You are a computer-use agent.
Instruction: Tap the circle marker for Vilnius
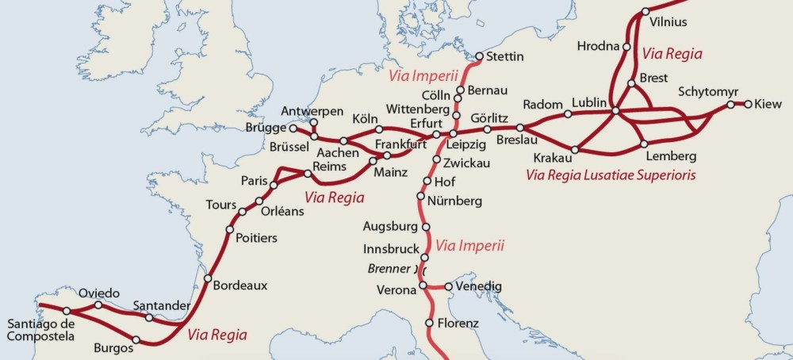[646, 11]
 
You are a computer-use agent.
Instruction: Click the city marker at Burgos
[136, 340]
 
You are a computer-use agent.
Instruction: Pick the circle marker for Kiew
[747, 104]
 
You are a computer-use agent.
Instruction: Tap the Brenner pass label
[388, 269]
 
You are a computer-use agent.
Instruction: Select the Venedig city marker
[448, 286]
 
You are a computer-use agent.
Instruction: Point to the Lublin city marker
[615, 111]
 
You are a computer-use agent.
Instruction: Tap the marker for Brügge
[293, 128]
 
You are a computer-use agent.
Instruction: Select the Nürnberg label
[454, 201]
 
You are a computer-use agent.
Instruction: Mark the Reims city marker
[307, 174]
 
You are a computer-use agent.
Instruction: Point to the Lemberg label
[671, 156]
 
